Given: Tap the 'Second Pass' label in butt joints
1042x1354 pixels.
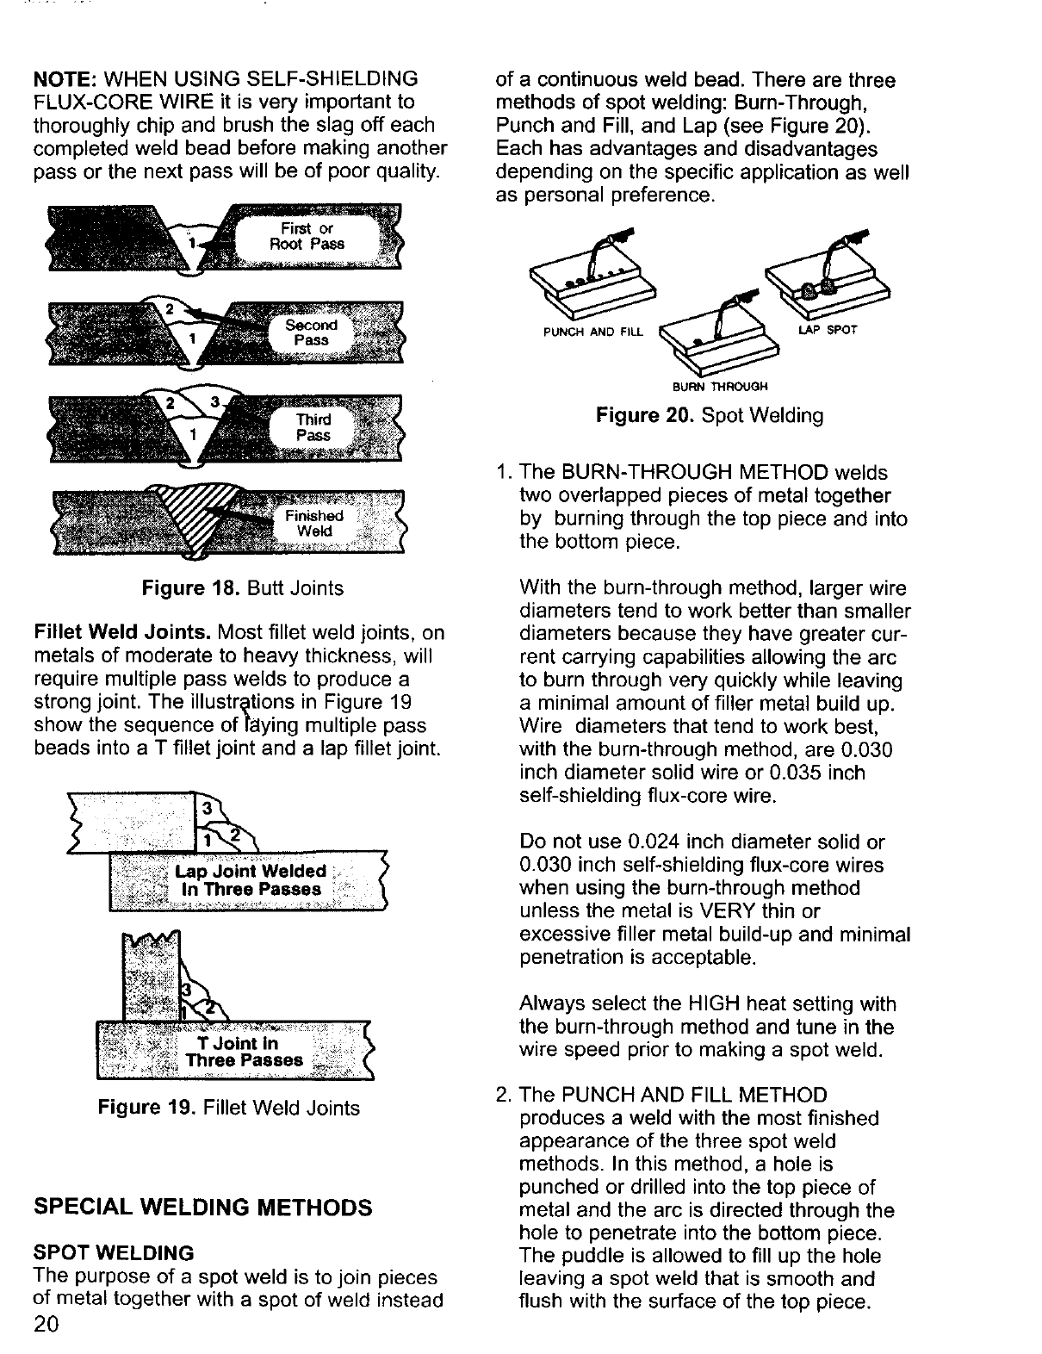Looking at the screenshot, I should (x=311, y=332).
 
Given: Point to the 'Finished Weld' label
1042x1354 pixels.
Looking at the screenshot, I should (x=313, y=523).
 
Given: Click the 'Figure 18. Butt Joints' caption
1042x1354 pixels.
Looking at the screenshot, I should (x=242, y=588).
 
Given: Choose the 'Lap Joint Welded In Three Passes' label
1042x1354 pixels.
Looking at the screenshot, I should (x=250, y=880).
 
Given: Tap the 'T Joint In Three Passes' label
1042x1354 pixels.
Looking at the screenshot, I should (x=245, y=1052).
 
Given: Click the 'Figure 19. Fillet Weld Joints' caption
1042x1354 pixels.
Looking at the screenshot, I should (x=230, y=1108).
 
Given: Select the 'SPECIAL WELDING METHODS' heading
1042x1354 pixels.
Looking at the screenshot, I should (x=202, y=1207).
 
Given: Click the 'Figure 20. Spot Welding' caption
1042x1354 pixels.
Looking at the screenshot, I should (x=710, y=416).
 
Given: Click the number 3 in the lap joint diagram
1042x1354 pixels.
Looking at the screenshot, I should (x=207, y=809).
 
